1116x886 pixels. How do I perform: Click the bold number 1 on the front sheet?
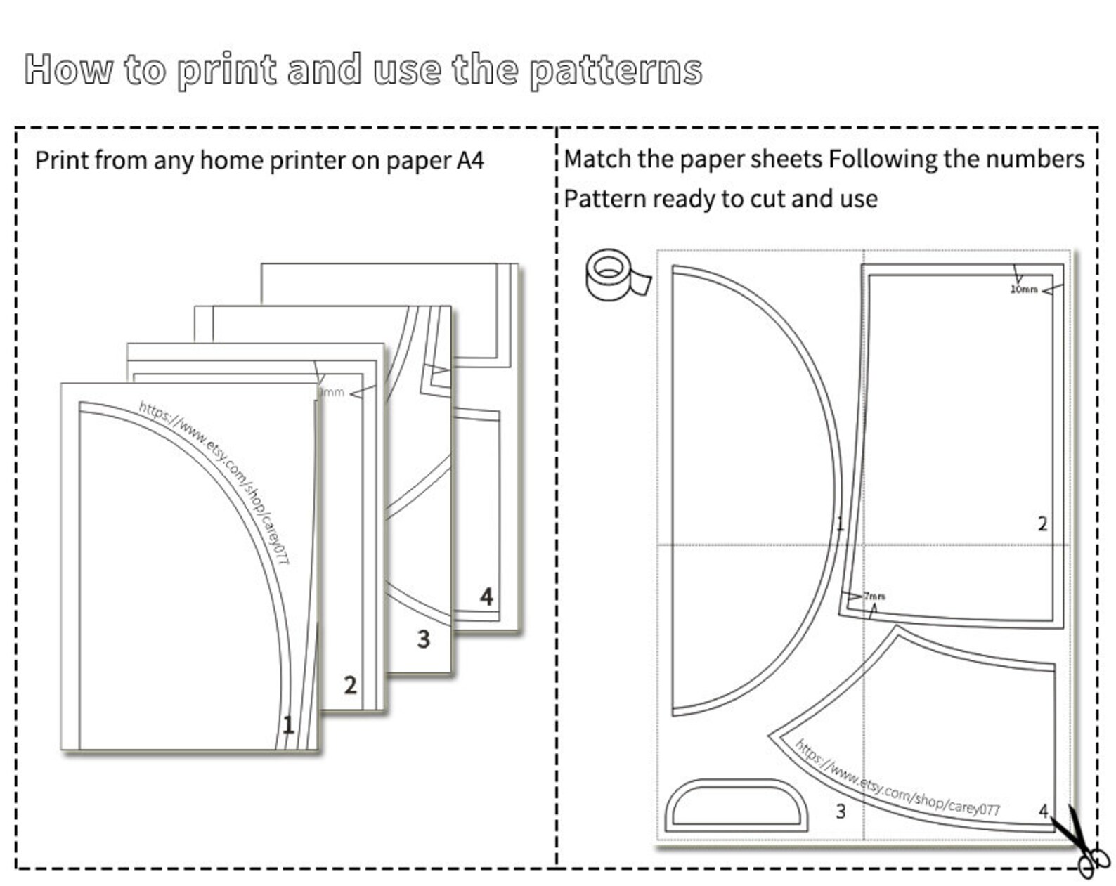(288, 724)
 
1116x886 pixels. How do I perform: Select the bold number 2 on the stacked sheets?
(350, 685)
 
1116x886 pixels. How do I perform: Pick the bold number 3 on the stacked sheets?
(424, 639)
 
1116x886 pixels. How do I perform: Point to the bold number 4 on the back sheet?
(486, 597)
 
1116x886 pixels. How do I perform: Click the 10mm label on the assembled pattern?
(1024, 289)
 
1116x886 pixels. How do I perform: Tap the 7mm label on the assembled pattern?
(874, 596)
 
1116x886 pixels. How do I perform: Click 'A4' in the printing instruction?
(470, 160)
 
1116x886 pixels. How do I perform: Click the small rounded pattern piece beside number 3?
(737, 805)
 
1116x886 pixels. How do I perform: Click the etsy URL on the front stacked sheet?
(214, 482)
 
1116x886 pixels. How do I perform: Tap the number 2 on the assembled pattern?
(1042, 524)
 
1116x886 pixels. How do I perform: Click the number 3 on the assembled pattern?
(841, 812)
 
